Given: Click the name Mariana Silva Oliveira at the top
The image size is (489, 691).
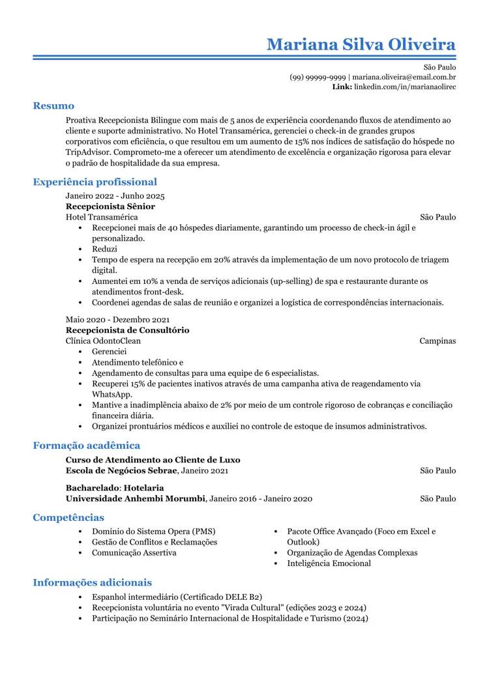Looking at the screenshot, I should pyautogui.click(x=361, y=44).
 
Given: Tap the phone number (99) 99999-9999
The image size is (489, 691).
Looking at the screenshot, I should pyautogui.click(x=318, y=77).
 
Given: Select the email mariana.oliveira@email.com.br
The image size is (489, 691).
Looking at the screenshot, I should pyautogui.click(x=404, y=77).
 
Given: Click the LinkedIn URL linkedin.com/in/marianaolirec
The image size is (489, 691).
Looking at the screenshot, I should pyautogui.click(x=404, y=87).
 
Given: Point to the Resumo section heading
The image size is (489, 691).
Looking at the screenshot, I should pyautogui.click(x=53, y=106).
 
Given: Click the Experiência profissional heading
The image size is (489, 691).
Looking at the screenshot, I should pyautogui.click(x=95, y=182).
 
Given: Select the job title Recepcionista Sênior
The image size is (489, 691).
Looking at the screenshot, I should pyautogui.click(x=110, y=206).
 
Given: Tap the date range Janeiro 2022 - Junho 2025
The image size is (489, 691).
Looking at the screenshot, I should pyautogui.click(x=115, y=196).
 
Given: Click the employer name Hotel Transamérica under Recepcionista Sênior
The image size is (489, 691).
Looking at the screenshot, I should pyautogui.click(x=102, y=217).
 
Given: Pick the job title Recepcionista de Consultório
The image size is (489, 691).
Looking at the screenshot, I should pyautogui.click(x=127, y=330).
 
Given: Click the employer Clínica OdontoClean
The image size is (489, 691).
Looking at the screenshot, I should pyautogui.click(x=103, y=341).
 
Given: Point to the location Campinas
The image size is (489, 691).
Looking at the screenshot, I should pyautogui.click(x=437, y=341).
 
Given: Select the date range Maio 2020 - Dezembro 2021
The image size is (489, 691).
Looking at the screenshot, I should pyautogui.click(x=117, y=320).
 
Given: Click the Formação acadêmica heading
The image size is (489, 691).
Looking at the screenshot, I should pyautogui.click(x=86, y=446).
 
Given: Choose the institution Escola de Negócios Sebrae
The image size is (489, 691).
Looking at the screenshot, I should pyautogui.click(x=121, y=470).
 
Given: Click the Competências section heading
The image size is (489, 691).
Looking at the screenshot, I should pyautogui.click(x=68, y=518).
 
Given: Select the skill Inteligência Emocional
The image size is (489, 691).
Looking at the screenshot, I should pyautogui.click(x=329, y=563).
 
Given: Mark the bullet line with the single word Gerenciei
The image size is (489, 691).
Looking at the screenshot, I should pyautogui.click(x=109, y=352).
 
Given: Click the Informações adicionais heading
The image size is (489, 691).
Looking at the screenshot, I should pyautogui.click(x=92, y=583).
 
